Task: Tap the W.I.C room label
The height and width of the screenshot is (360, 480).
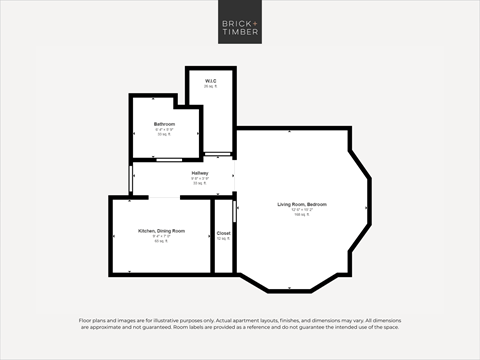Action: click(x=210, y=81)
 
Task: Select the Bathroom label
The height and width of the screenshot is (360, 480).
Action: click(x=164, y=124)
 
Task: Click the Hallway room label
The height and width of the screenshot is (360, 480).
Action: click(x=200, y=174)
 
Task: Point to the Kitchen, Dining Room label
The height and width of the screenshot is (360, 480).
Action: click(x=161, y=231)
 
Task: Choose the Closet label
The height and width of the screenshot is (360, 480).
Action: click(x=223, y=233)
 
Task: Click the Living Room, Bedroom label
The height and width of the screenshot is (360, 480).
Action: click(x=302, y=205)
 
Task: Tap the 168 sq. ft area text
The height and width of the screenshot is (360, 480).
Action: click(x=302, y=215)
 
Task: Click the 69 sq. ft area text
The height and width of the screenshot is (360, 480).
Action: click(x=161, y=241)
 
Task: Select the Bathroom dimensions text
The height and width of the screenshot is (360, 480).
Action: click(x=164, y=129)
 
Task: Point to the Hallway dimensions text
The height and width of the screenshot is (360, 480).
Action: click(x=200, y=179)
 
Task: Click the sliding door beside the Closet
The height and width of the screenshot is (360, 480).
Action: click(x=235, y=211)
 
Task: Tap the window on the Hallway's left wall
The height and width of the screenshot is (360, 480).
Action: click(x=132, y=179)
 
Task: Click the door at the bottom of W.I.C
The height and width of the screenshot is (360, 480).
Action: click(x=216, y=153)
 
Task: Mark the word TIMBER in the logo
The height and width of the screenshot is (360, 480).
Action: click(x=240, y=33)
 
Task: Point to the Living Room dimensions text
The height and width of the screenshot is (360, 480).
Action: click(x=302, y=210)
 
